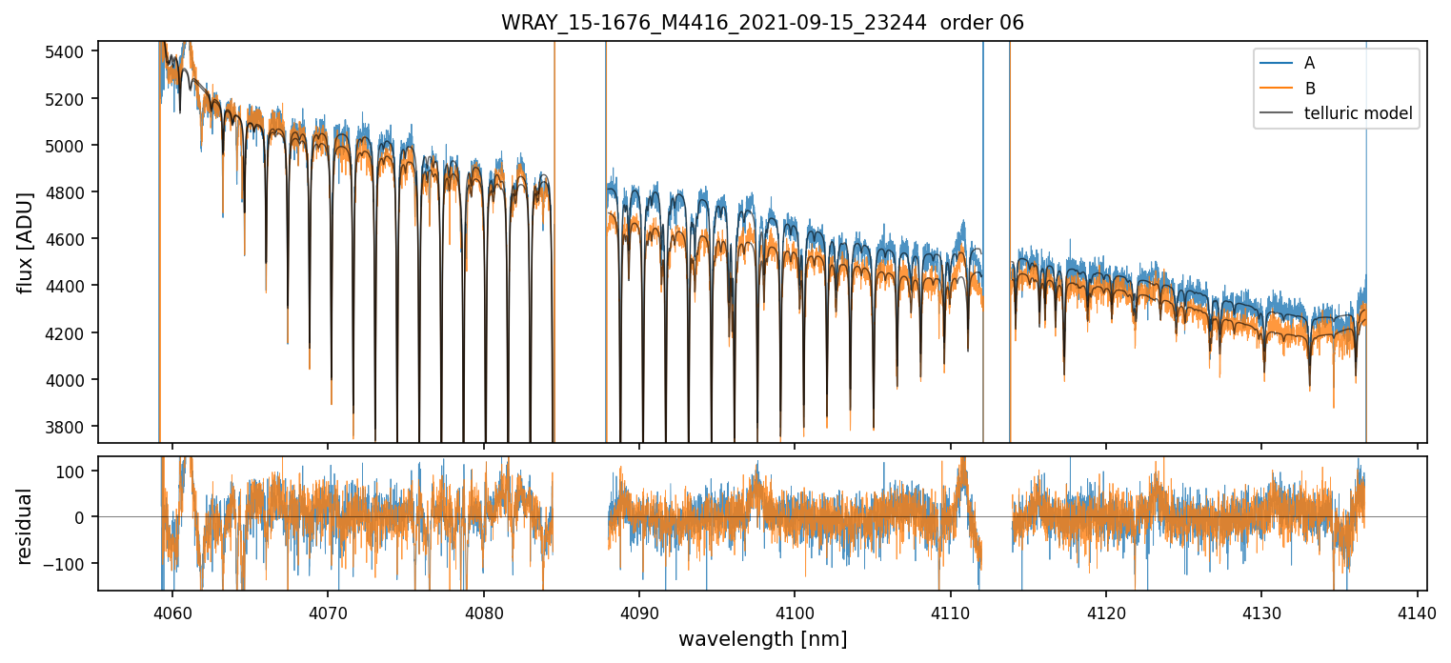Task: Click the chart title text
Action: coord(762,23)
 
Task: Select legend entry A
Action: coord(1309,63)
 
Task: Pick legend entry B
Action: coord(1309,89)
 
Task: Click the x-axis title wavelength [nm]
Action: coord(762,638)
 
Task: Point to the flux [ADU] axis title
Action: coord(25,242)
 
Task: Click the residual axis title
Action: coord(25,526)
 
